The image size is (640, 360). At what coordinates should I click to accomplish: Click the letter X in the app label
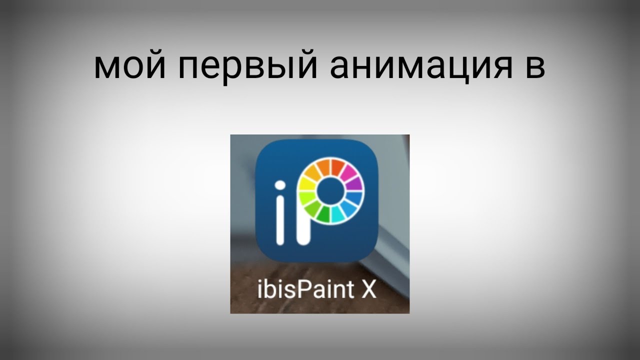pyautogui.click(x=369, y=290)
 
